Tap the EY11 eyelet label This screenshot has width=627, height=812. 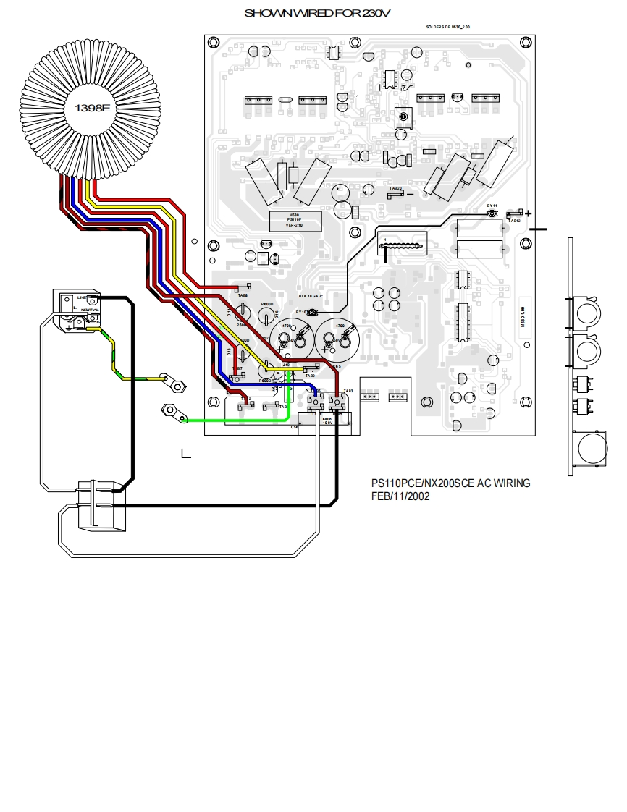[492, 206]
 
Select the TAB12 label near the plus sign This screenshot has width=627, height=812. [513, 220]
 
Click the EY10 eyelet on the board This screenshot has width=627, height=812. [313, 313]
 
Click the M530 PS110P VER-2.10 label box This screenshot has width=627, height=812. [294, 220]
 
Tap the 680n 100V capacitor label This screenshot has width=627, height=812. [327, 420]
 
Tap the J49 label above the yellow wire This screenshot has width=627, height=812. [287, 365]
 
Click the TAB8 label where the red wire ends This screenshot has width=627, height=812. [243, 295]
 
